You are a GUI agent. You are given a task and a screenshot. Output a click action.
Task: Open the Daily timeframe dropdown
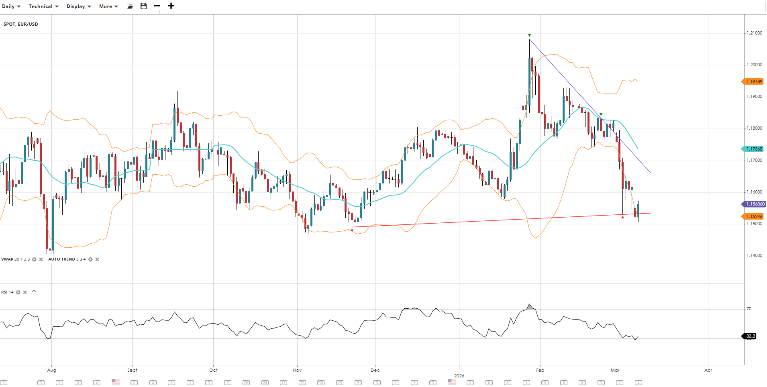coord(11,6)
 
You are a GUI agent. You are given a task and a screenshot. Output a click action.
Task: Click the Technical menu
coord(43,6)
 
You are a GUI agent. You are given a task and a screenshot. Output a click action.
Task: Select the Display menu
coord(79,6)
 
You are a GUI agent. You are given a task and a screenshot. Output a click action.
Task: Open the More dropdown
coord(108,6)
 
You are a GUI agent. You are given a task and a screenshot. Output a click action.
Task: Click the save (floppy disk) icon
coord(143,6)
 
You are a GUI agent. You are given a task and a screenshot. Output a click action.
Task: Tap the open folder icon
coord(130,6)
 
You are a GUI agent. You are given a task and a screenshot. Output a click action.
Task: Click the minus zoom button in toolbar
coord(157,6)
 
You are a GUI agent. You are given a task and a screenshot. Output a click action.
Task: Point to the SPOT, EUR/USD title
coord(21,24)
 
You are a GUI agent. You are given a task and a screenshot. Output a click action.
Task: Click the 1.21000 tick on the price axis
coord(754,33)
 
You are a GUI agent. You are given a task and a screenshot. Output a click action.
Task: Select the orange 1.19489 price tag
coord(753,81)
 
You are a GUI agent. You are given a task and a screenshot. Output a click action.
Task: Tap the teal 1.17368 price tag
coord(753,149)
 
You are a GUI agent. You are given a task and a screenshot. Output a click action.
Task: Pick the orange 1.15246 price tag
coord(753,216)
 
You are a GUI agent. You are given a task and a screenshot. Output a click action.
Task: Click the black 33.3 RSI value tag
coord(750,336)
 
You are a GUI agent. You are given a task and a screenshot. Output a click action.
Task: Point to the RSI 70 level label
coord(749,309)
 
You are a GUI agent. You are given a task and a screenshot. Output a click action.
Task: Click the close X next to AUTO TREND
coord(97,259)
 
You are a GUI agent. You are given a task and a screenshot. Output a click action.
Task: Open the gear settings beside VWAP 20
coord(34,259)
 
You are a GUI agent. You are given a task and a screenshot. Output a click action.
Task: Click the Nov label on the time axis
coord(297,370)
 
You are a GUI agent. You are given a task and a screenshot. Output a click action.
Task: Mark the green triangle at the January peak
coord(529,35)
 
